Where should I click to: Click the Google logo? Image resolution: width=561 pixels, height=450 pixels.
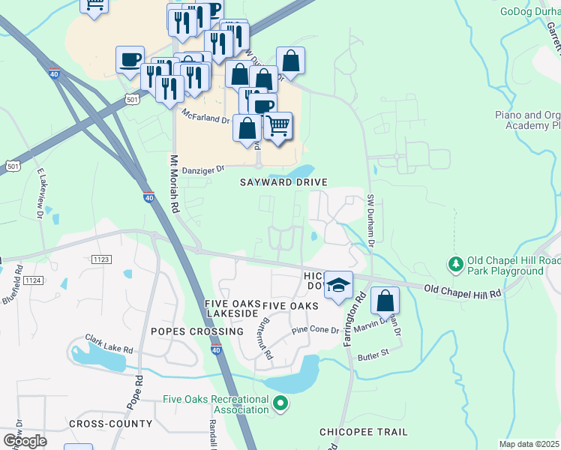click(24, 440)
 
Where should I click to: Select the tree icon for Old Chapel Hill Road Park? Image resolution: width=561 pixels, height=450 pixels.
click(454, 264)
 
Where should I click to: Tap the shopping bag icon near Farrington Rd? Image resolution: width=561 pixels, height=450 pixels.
click(385, 301)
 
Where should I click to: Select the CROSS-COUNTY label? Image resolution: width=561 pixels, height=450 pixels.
click(110, 424)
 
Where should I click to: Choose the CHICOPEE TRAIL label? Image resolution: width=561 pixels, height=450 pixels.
click(364, 432)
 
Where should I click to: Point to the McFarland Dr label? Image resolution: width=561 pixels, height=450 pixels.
click(204, 118)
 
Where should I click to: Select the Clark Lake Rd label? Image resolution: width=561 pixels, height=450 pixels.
click(109, 344)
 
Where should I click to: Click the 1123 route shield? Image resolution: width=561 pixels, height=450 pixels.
click(103, 259)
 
